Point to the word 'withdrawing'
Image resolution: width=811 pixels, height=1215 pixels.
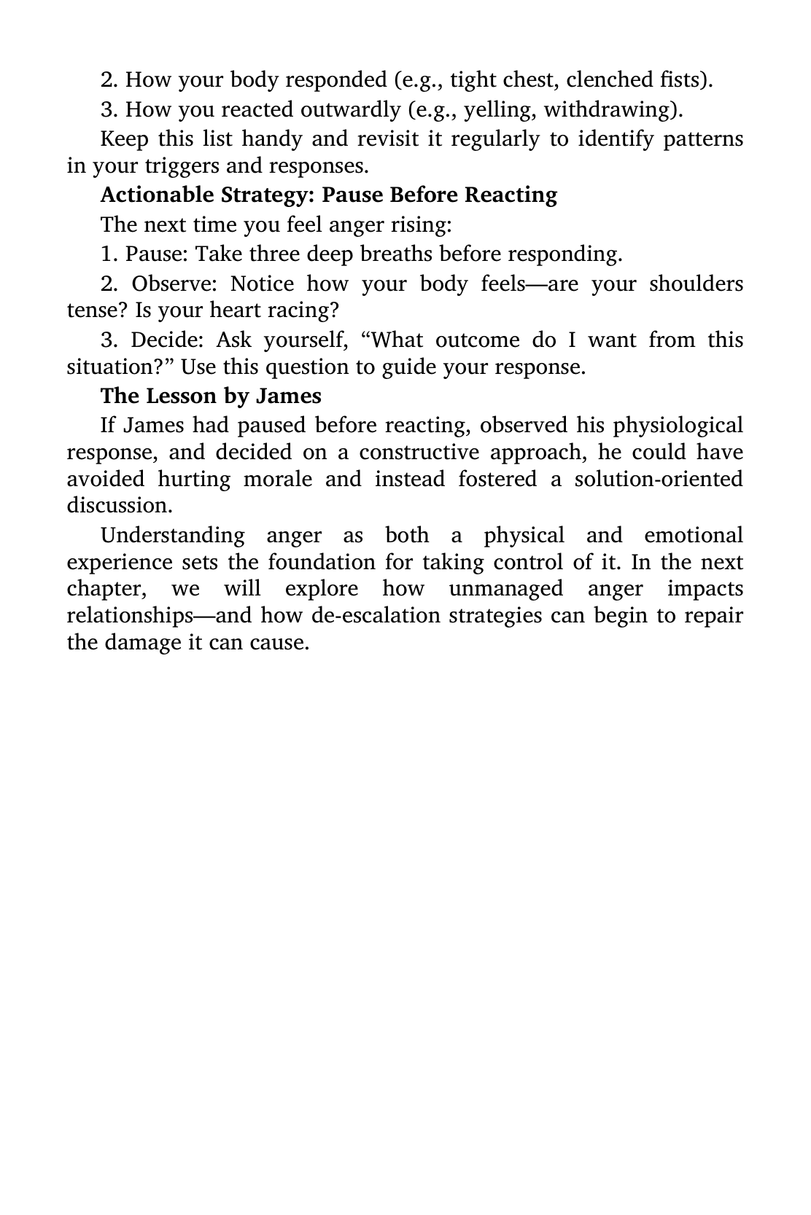tap(610, 110)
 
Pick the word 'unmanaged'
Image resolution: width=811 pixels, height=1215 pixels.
tap(506, 589)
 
